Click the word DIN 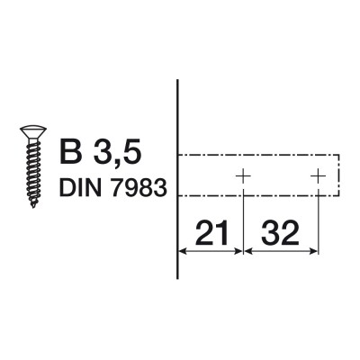[79, 188]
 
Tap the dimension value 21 [210, 235]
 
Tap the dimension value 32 [281, 235]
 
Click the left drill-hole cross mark [242, 175]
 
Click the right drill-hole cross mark [318, 175]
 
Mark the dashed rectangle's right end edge [338, 175]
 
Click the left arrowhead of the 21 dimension [184, 251]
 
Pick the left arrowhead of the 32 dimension [248, 251]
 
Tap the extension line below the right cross [318, 225]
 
